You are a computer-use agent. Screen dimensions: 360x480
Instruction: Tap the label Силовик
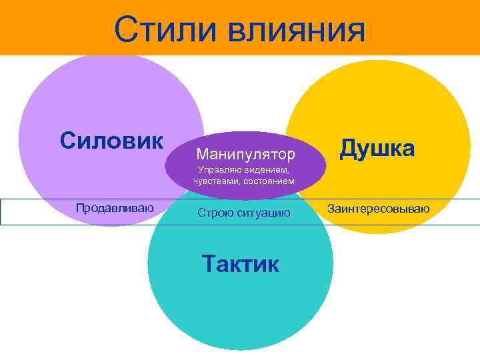pyautogui.click(x=111, y=141)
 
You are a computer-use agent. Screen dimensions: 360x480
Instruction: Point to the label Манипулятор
pyautogui.click(x=245, y=155)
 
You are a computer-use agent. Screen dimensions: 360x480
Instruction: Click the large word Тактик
pyautogui.click(x=240, y=264)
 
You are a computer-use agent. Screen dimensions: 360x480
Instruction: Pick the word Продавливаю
pyautogui.click(x=115, y=208)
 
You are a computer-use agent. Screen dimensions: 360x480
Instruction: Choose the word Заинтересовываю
pyautogui.click(x=378, y=209)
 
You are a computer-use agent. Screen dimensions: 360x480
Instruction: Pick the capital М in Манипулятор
pyautogui.click(x=202, y=155)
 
